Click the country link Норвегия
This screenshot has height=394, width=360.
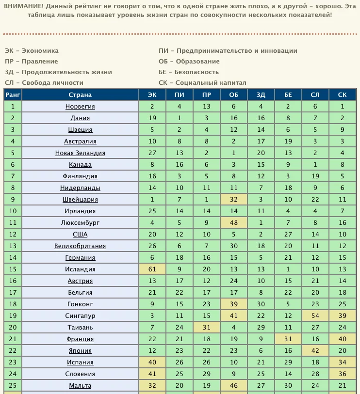pos(80,107)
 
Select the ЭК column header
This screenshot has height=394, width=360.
pos(152,95)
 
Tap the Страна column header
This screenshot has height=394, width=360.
pos(80,95)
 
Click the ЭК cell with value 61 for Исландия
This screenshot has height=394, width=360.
pos(152,269)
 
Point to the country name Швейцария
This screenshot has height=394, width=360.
pos(80,200)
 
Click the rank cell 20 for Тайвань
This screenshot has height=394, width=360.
pos(13,328)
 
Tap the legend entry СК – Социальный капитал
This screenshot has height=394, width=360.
pos(202,83)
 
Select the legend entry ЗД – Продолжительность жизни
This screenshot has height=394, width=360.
pos(51,72)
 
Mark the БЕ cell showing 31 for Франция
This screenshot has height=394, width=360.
pos(288,339)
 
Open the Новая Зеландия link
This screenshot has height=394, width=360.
pos(80,153)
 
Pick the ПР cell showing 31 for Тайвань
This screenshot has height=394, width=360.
pos(207,328)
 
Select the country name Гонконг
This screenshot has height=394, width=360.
pos(80,304)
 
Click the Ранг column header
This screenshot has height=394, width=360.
pos(13,95)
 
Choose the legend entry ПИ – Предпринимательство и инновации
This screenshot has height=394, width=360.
pos(228,51)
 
